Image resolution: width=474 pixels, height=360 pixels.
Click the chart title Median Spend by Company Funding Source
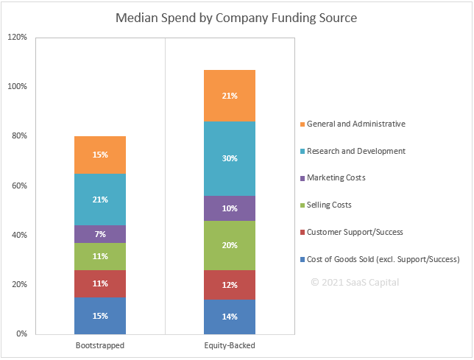(236, 18)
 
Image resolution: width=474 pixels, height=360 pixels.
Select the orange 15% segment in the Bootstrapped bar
(100, 155)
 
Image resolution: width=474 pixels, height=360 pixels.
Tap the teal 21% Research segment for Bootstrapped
(100, 200)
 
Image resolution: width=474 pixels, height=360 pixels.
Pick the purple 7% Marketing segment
(100, 234)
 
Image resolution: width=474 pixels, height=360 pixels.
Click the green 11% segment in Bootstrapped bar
(100, 256)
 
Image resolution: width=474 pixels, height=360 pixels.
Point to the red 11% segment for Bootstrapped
(100, 283)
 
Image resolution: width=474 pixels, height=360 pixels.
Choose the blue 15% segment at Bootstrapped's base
(100, 316)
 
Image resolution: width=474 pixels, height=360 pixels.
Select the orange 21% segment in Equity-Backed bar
(230, 96)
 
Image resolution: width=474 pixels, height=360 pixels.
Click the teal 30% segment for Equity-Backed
(230, 158)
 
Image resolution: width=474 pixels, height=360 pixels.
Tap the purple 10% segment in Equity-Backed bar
(230, 208)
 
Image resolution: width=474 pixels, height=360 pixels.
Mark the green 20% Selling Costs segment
(230, 245)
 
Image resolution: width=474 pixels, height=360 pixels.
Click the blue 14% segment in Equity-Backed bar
(230, 317)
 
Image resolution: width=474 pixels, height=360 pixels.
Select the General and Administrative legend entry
(355, 124)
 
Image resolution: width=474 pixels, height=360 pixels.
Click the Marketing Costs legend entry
(336, 177)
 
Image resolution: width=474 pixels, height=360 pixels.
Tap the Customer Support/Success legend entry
(354, 232)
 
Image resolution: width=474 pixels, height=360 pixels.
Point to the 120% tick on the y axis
(17, 37)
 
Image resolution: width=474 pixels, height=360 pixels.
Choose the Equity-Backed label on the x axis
(230, 345)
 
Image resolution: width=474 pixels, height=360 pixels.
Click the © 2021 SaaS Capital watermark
(355, 282)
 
